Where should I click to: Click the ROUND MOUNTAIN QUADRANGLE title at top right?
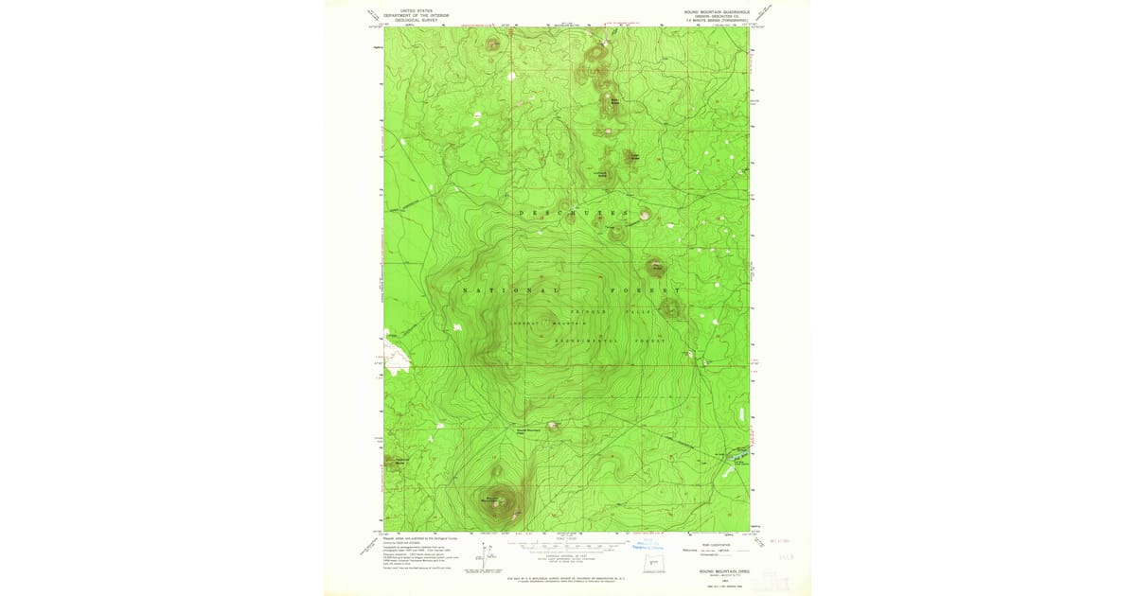[x=718, y=10]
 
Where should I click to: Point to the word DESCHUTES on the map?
[x=574, y=213]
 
